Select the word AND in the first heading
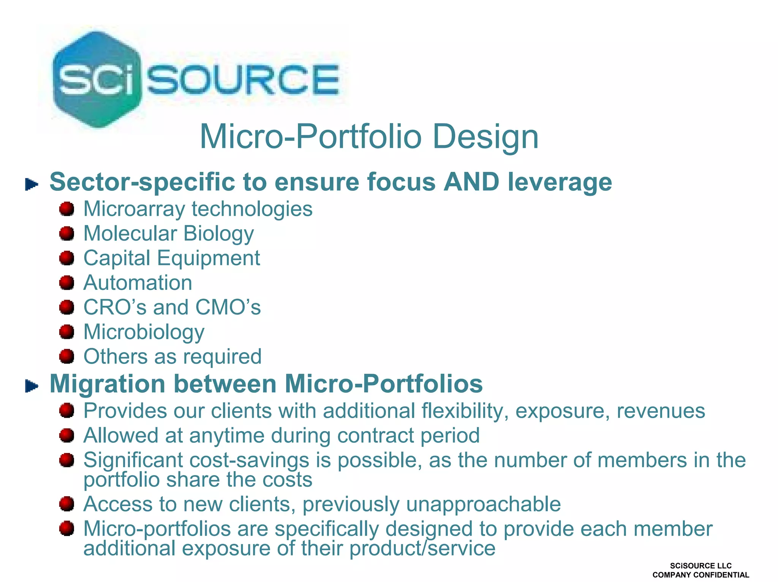point(471,182)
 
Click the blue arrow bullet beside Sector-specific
point(32,185)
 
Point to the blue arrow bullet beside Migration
point(32,386)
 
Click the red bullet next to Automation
point(67,283)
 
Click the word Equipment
point(209,258)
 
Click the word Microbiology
point(144,332)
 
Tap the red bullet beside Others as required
point(67,356)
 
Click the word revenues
point(661,411)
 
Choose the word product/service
point(422,549)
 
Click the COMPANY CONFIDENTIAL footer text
point(701,575)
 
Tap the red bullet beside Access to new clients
point(67,504)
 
